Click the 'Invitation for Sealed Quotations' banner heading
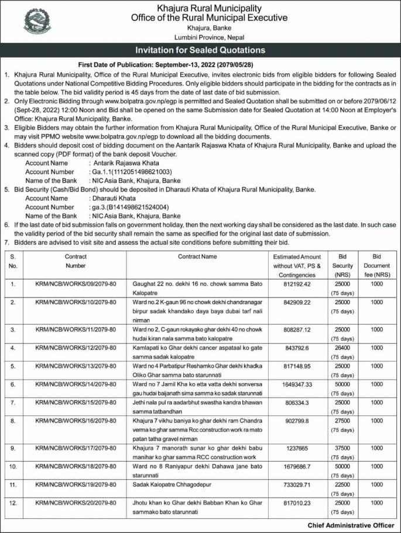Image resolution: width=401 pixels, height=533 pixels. tap(201, 50)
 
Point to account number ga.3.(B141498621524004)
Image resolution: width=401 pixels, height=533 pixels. tap(130, 207)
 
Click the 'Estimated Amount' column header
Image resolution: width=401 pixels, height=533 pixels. tap(297, 265)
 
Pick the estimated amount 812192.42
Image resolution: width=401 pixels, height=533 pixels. tap(297, 284)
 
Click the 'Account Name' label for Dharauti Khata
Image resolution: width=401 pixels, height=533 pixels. tap(50, 198)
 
